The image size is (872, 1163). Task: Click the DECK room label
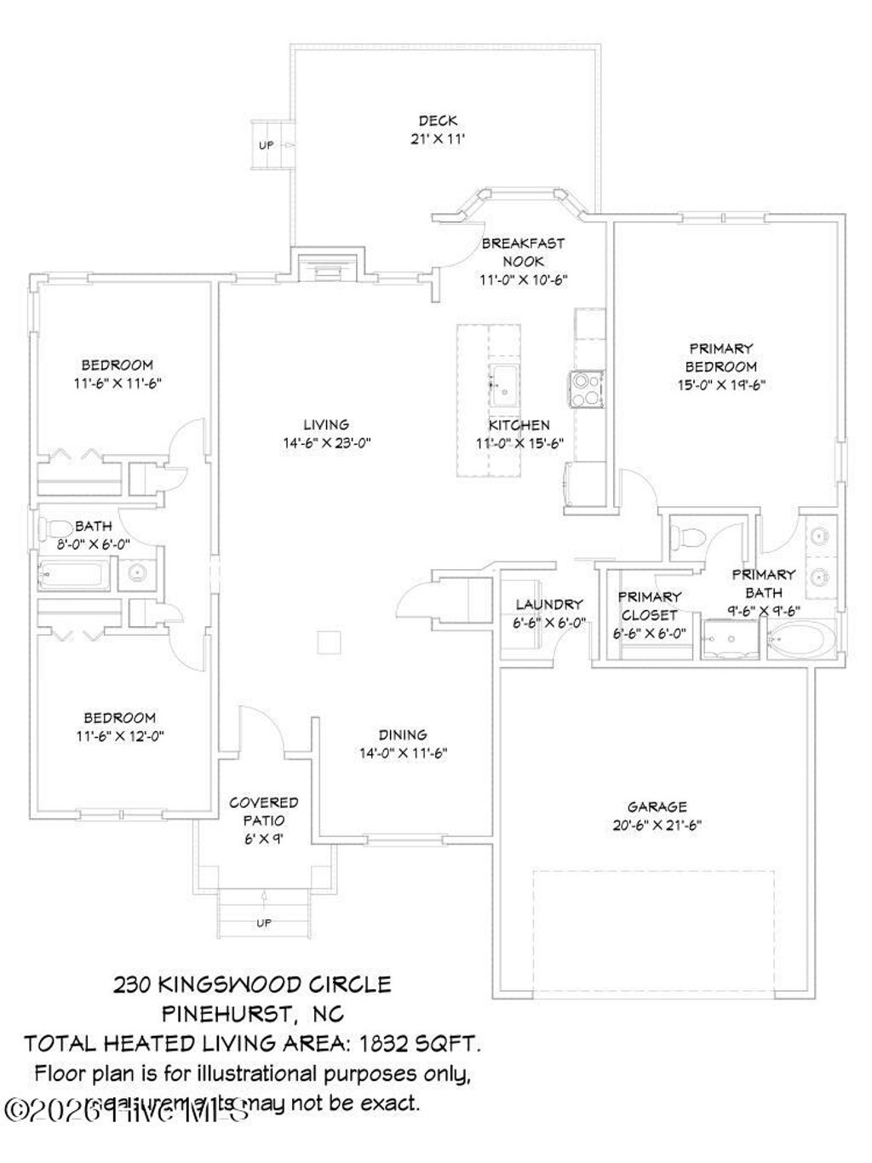tap(438, 120)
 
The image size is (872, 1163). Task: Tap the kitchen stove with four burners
tap(587, 389)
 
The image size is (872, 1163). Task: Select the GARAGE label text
tap(657, 806)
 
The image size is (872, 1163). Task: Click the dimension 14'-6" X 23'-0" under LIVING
tap(326, 443)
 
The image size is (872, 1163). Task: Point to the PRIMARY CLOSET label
tap(649, 606)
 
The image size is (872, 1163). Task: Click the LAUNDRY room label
tap(549, 605)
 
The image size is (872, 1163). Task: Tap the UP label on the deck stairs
tap(267, 146)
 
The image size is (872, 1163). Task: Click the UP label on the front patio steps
tap(263, 923)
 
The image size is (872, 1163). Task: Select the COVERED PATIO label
tap(263, 811)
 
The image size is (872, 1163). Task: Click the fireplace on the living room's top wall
tap(329, 266)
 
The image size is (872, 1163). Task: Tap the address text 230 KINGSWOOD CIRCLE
tap(252, 985)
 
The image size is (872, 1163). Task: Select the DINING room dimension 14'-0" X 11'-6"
tap(403, 753)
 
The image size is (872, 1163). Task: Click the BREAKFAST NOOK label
tap(522, 252)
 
